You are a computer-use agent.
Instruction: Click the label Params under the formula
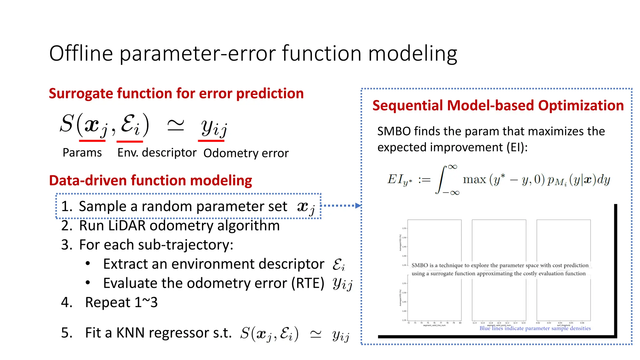(x=82, y=152)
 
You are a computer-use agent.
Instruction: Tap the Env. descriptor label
(x=157, y=152)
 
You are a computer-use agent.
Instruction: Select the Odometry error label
(x=246, y=153)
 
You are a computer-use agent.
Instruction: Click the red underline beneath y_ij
(x=211, y=141)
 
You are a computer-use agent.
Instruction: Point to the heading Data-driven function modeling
(x=150, y=180)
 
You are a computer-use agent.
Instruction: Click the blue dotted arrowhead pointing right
(x=358, y=206)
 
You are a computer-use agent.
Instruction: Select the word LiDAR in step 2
(x=127, y=226)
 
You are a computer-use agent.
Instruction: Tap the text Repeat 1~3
(x=121, y=302)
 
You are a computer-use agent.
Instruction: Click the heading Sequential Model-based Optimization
(x=498, y=105)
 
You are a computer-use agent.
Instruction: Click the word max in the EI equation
(x=474, y=180)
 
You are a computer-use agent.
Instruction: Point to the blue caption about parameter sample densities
(x=535, y=328)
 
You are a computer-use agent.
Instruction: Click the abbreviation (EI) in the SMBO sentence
(x=517, y=147)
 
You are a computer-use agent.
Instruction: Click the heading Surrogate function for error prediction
(x=176, y=93)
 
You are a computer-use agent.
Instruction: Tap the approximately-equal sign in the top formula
(x=176, y=126)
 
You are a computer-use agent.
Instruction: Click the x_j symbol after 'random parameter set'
(x=306, y=207)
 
